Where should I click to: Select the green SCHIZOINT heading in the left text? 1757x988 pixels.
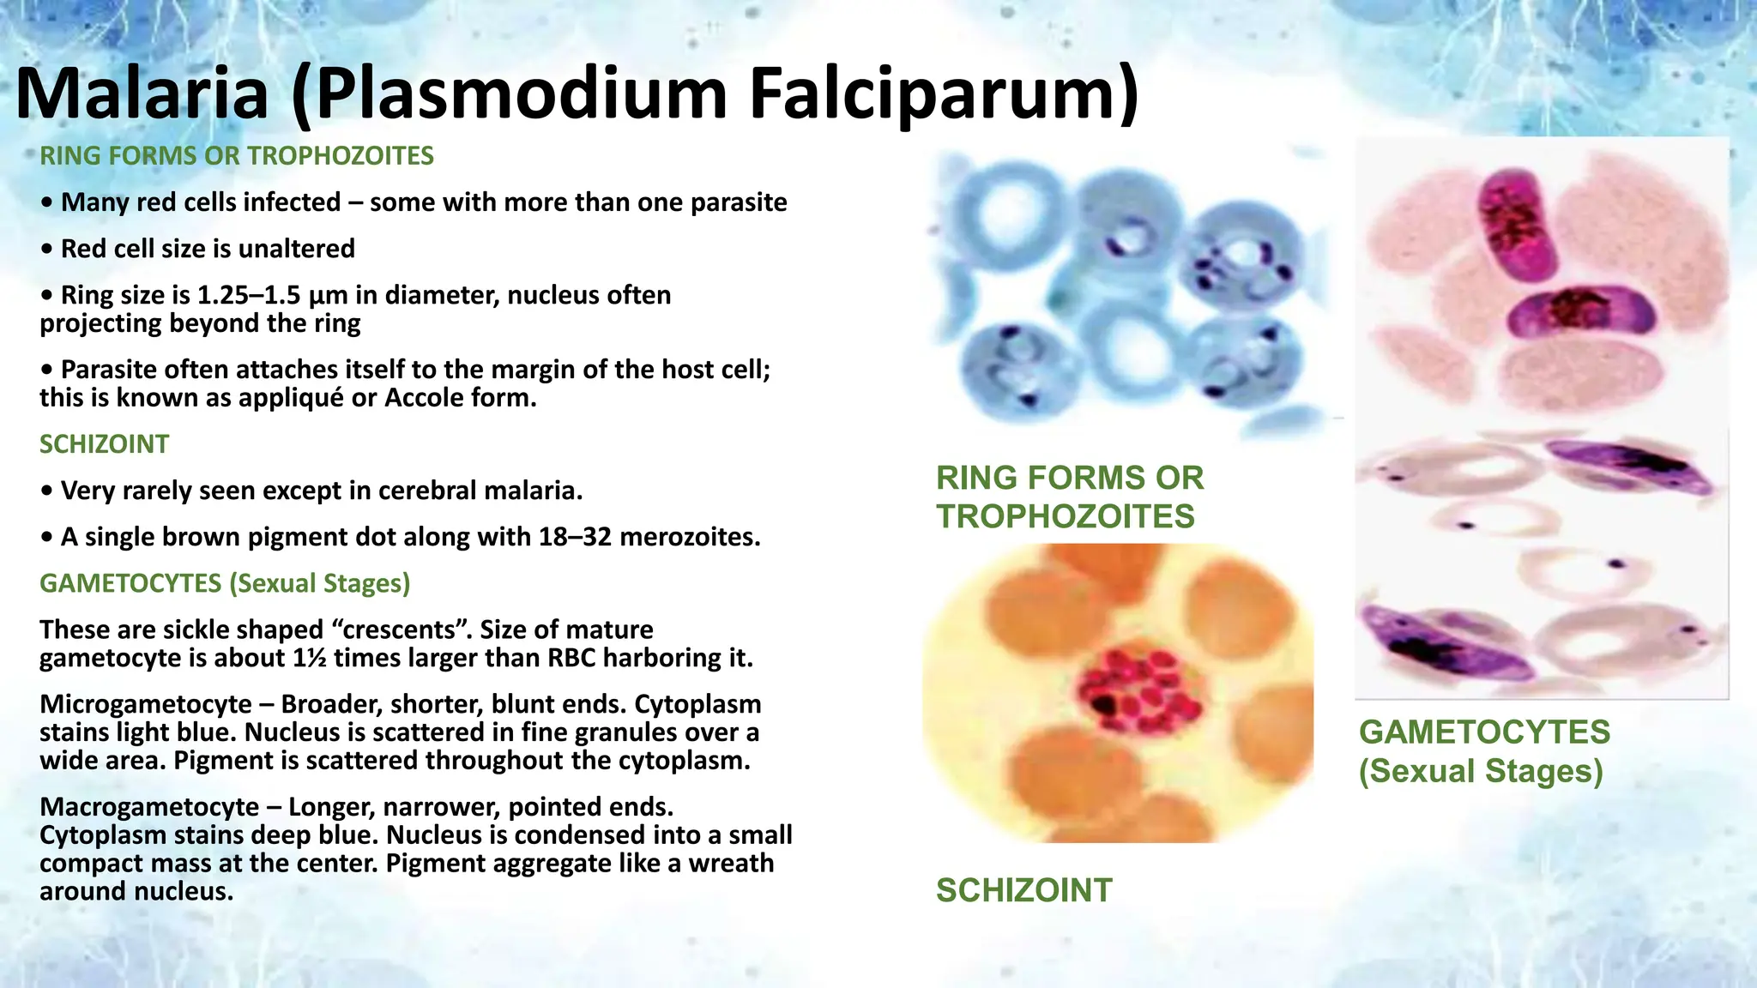pyautogui.click(x=104, y=444)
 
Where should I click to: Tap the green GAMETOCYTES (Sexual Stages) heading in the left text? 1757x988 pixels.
pyautogui.click(x=225, y=583)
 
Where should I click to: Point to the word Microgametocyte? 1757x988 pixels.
pyautogui.click(x=146, y=704)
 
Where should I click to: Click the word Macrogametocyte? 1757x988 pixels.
pyautogui.click(x=149, y=807)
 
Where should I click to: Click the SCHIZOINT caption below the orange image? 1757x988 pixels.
pyautogui.click(x=1023, y=890)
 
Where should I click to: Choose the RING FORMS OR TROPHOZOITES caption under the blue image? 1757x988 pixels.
pyautogui.click(x=1069, y=497)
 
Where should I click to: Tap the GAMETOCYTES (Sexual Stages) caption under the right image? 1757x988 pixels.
pyautogui.click(x=1484, y=751)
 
